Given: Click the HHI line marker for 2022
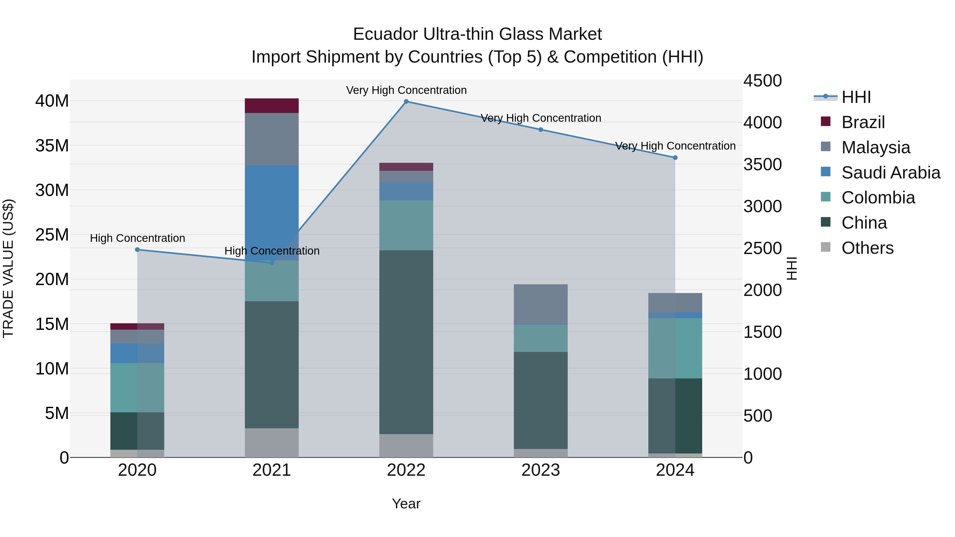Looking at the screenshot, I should [406, 102].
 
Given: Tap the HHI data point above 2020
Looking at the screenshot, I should [137, 250].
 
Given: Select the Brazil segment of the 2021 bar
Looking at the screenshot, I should [271, 106].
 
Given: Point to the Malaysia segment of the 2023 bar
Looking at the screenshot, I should [541, 304].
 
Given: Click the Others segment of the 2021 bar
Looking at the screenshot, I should [271, 443].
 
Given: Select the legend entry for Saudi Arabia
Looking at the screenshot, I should [891, 173].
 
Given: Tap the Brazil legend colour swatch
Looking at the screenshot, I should [826, 121].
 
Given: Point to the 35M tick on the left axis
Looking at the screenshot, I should [52, 146].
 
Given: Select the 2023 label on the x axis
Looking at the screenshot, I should [541, 470].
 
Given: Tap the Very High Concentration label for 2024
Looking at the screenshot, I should [675, 146].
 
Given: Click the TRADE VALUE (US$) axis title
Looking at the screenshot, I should [8, 268].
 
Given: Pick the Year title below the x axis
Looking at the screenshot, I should [406, 504].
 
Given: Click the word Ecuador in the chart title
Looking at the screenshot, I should [385, 34].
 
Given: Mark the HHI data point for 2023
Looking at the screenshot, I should [541, 130].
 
